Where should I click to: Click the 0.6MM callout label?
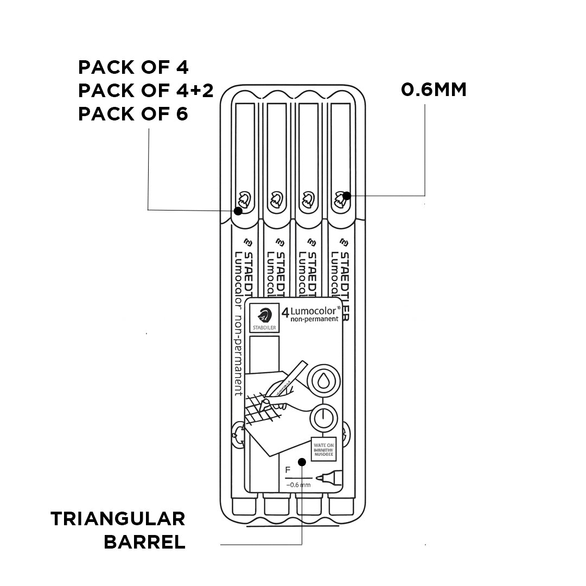tap(434, 90)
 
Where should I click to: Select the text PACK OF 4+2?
tap(145, 91)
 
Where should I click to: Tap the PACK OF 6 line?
tap(133, 114)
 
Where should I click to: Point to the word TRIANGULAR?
tap(118, 519)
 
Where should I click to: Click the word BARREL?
tap(144, 542)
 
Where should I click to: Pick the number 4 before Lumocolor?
tap(285, 312)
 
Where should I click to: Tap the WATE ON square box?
tap(323, 448)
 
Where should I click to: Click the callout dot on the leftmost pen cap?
tap(237, 211)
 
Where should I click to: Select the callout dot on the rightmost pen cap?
tap(345, 195)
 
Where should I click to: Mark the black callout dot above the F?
tap(303, 462)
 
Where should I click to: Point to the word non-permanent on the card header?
tap(314, 319)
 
